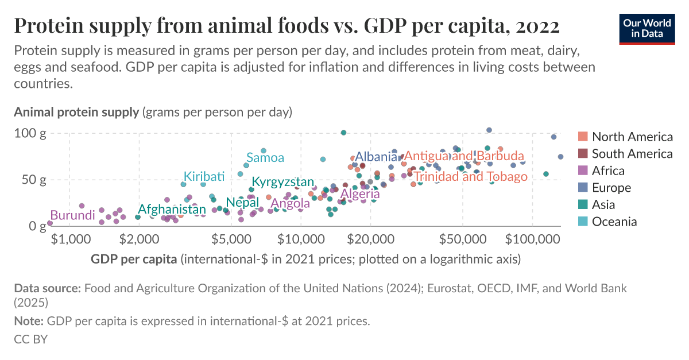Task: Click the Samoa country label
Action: click(x=265, y=157)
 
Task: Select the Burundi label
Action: click(x=72, y=215)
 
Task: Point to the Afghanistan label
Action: click(x=172, y=209)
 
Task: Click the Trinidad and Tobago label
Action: click(x=470, y=176)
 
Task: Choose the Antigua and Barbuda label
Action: click(x=464, y=156)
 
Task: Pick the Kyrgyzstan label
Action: click(x=283, y=182)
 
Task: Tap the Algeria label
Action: click(x=360, y=194)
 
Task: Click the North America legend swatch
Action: click(x=583, y=137)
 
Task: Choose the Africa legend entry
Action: click(x=608, y=171)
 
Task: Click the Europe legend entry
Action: click(x=611, y=188)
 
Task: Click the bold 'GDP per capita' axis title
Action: click(x=133, y=259)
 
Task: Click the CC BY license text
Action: click(x=30, y=339)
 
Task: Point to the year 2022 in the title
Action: click(x=537, y=26)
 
